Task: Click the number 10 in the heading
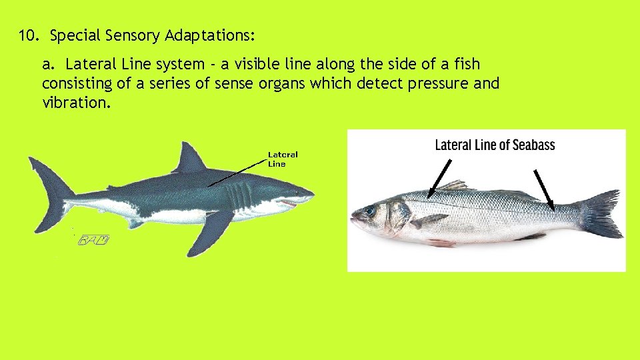pyautogui.click(x=27, y=35)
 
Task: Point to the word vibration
pyautogui.click(x=72, y=103)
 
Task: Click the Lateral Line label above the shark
pyautogui.click(x=282, y=159)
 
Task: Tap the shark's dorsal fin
pyautogui.click(x=190, y=159)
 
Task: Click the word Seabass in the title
pyautogui.click(x=530, y=145)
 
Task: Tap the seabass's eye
pyautogui.click(x=369, y=211)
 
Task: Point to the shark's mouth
pyautogui.click(x=291, y=202)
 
